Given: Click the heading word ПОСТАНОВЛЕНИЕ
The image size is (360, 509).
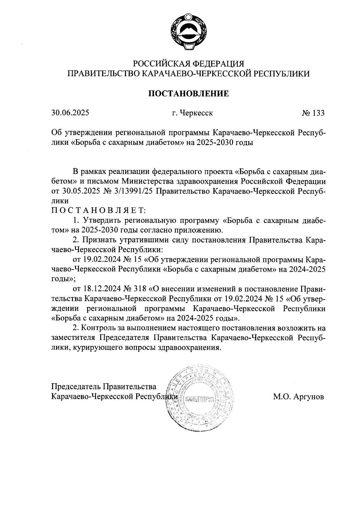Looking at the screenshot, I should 189,94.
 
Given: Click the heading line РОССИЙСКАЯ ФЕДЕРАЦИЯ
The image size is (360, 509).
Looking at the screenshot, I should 189,64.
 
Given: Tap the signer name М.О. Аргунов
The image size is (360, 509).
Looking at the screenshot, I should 298,397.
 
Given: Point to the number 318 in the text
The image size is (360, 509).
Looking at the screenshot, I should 139,289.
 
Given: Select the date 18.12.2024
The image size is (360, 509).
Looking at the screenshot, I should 100,289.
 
